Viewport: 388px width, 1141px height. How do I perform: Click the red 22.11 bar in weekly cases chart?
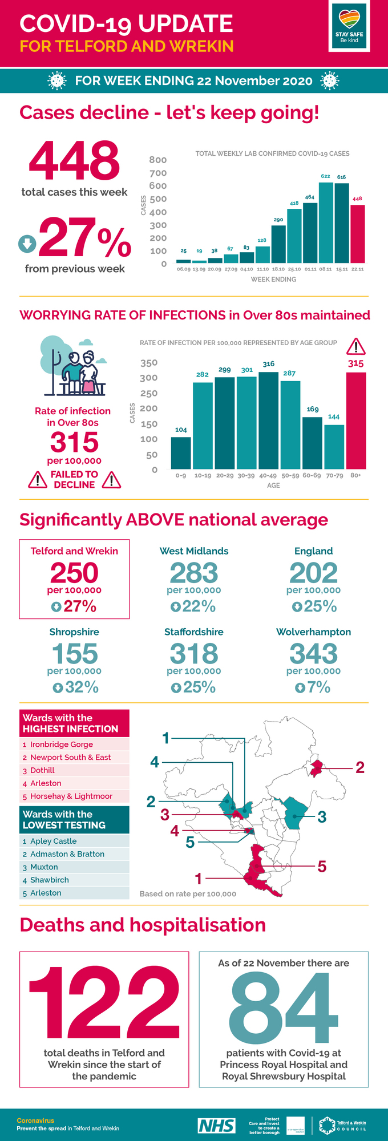[x=357, y=234]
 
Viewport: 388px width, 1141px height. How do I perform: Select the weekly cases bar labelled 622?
[x=326, y=222]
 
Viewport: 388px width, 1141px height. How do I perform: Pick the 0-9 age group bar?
[x=181, y=453]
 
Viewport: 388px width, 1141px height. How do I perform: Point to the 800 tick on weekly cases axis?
[x=158, y=160]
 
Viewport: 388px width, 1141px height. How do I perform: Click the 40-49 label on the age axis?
[x=268, y=475]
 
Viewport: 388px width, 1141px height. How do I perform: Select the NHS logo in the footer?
[x=216, y=1125]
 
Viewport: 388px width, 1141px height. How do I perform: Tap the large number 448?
[x=74, y=161]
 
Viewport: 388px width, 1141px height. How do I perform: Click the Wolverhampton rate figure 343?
[x=313, y=654]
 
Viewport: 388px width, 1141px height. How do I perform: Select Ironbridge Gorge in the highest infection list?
[x=61, y=745]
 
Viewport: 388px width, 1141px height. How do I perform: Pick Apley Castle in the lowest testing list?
[x=53, y=841]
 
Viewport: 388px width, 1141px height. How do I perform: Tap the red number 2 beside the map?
[x=359, y=767]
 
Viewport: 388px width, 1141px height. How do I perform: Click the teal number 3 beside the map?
[x=322, y=817]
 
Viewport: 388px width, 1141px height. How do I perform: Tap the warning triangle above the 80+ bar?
[x=355, y=346]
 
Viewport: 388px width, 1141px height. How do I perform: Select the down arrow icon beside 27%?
[x=27, y=244]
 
